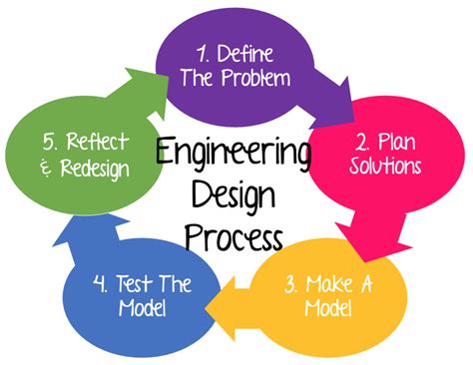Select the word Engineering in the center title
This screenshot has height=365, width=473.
point(236,155)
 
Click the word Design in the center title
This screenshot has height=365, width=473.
point(236,196)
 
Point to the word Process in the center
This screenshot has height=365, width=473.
point(236,239)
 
